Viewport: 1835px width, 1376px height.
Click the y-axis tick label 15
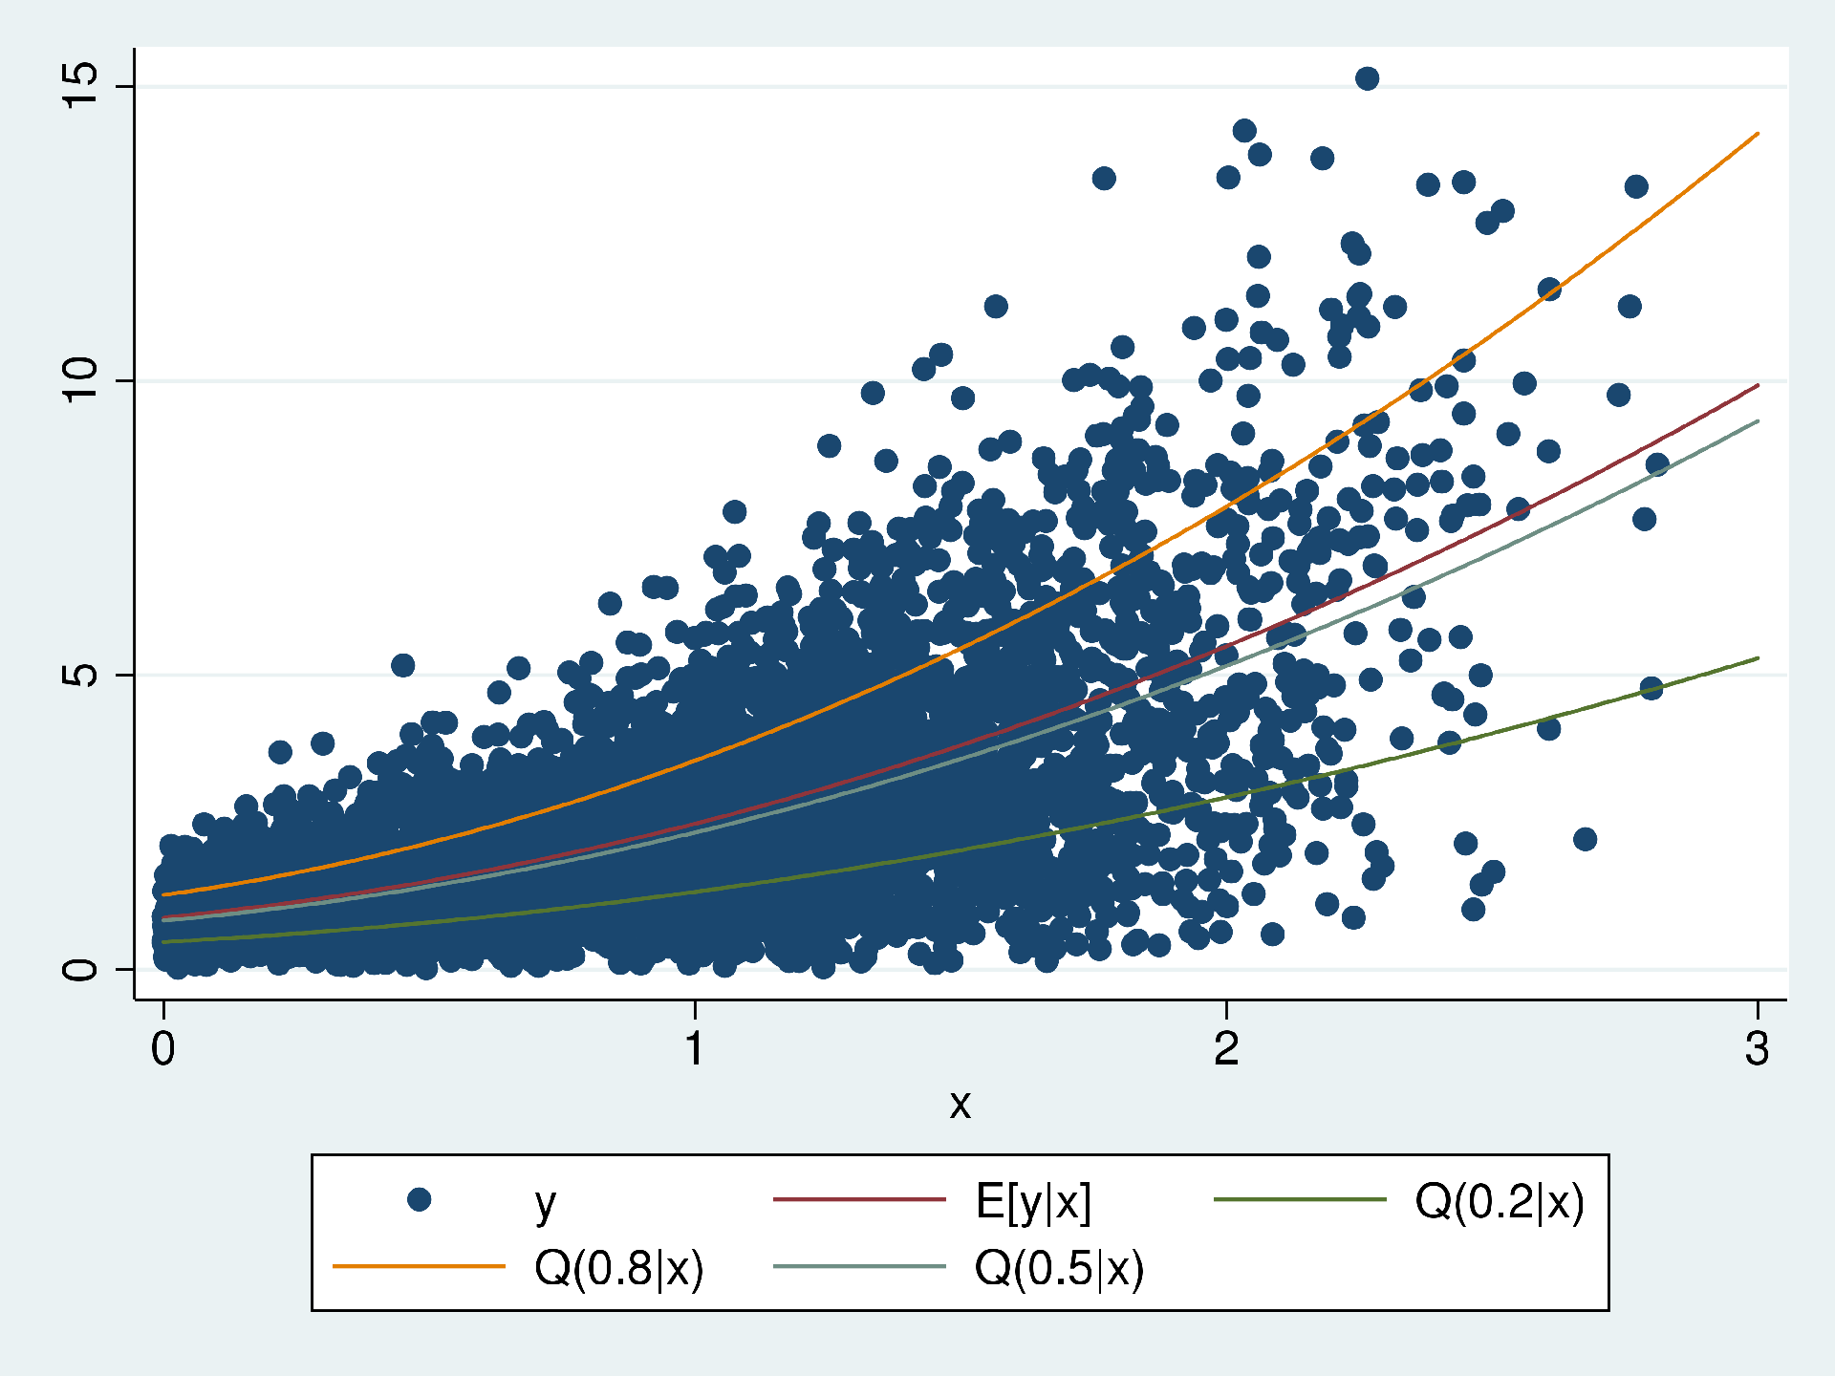click(80, 87)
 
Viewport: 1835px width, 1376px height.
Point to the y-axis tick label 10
click(80, 380)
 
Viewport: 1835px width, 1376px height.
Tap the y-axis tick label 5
click(80, 675)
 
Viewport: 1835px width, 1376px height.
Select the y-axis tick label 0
click(80, 969)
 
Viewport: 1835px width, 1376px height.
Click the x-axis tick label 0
click(163, 1049)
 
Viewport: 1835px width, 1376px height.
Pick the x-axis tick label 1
click(695, 1049)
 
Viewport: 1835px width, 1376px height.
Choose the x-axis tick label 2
click(1226, 1049)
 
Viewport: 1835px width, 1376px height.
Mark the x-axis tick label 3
click(1757, 1049)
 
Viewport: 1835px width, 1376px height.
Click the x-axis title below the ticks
click(960, 1105)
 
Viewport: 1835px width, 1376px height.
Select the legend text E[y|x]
click(1033, 1201)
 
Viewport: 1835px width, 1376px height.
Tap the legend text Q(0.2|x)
click(1499, 1201)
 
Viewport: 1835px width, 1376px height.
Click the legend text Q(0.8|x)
click(618, 1268)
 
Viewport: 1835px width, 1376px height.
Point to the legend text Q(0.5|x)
click(1059, 1268)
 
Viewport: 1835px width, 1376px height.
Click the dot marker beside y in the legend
click(419, 1199)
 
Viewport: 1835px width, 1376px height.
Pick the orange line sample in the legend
click(419, 1267)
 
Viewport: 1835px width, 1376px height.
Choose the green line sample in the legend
click(1299, 1199)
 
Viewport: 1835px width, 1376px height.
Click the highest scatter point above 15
click(1367, 78)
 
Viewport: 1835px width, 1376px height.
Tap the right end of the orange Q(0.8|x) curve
click(1758, 134)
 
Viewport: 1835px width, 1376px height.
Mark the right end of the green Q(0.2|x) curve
click(1758, 658)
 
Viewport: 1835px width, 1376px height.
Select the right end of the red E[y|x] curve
click(1758, 385)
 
